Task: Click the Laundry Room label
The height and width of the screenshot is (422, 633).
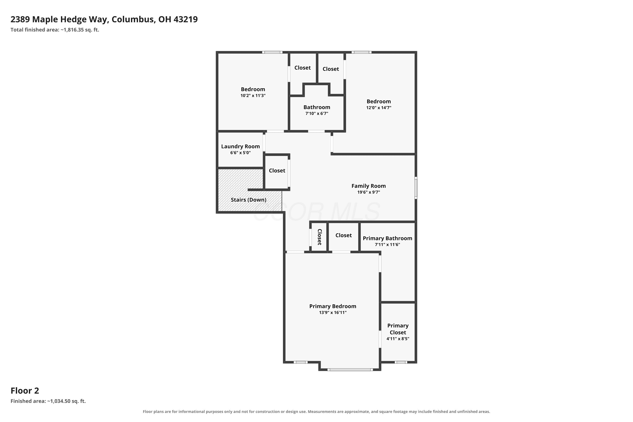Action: (240, 146)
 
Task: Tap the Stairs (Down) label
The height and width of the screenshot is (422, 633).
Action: (248, 200)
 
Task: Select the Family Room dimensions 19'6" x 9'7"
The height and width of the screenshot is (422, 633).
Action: (368, 192)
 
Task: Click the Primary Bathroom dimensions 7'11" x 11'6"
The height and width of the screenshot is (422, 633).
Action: (387, 244)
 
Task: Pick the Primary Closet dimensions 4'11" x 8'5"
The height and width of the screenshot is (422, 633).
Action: (398, 339)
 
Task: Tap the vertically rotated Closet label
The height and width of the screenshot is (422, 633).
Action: (319, 237)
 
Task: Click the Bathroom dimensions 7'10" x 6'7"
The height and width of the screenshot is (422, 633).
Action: (317, 113)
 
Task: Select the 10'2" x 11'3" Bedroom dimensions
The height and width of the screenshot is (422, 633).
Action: (253, 95)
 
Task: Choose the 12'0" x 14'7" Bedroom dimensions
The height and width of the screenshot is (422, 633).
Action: (379, 108)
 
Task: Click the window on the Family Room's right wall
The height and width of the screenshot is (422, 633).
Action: (416, 188)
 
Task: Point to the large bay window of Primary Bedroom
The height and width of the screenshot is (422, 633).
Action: (350, 369)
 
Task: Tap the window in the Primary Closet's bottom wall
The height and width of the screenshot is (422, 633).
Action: (401, 362)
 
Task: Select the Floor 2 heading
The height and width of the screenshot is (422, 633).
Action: (25, 391)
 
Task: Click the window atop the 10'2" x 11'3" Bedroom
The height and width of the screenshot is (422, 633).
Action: (272, 52)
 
